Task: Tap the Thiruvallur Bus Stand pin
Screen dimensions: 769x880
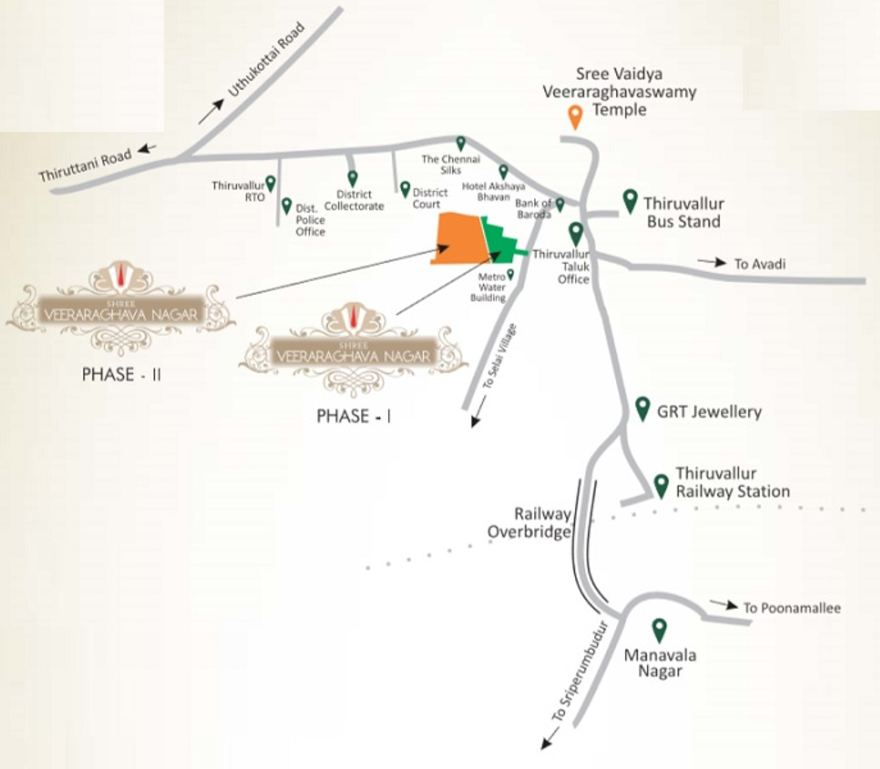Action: pyautogui.click(x=629, y=200)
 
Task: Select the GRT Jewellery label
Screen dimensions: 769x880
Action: pyautogui.click(x=708, y=412)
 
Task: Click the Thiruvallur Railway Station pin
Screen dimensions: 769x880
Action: pyautogui.click(x=661, y=485)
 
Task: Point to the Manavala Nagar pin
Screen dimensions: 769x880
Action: pyautogui.click(x=659, y=630)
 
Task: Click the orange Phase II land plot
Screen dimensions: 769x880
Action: pyautogui.click(x=461, y=239)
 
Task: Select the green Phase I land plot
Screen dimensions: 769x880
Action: pyautogui.click(x=501, y=238)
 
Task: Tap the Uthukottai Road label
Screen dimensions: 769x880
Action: pyautogui.click(x=265, y=61)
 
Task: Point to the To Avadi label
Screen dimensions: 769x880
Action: pyautogui.click(x=759, y=263)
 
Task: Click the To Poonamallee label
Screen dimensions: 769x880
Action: pyautogui.click(x=791, y=608)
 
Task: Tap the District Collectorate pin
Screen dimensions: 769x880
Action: pyautogui.click(x=352, y=178)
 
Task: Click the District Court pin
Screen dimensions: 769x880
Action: pyautogui.click(x=405, y=189)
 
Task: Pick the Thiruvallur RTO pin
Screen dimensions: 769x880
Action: pyautogui.click(x=270, y=183)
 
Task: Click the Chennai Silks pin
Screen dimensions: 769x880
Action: pyautogui.click(x=461, y=143)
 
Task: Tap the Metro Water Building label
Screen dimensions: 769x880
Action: pyautogui.click(x=491, y=287)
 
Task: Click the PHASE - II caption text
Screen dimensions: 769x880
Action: pyautogui.click(x=122, y=374)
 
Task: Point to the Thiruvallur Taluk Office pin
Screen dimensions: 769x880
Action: pyautogui.click(x=576, y=233)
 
